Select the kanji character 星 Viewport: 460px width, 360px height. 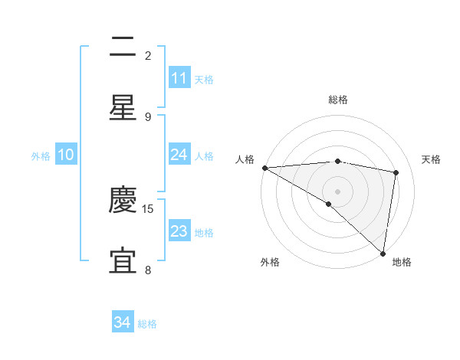click(x=123, y=108)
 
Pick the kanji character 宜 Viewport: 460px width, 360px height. click(x=123, y=261)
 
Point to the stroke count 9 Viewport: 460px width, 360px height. click(x=148, y=116)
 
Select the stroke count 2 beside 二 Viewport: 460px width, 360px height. click(x=148, y=55)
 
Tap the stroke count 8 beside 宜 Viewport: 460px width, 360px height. click(x=148, y=270)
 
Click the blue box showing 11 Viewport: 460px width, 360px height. click(x=179, y=78)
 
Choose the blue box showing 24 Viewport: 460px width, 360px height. click(x=179, y=155)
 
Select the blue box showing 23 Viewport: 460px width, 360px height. click(x=179, y=231)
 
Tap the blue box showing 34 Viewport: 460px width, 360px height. click(x=123, y=323)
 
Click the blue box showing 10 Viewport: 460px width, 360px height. click(x=66, y=155)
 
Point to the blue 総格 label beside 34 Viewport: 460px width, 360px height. click(x=147, y=324)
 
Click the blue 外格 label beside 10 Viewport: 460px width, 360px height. click(x=41, y=155)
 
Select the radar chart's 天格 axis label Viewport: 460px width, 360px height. click(x=432, y=159)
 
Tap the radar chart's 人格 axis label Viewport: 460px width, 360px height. click(x=245, y=159)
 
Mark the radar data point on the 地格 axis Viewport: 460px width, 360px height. click(x=383, y=253)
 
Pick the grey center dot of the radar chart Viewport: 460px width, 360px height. click(x=337, y=191)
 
